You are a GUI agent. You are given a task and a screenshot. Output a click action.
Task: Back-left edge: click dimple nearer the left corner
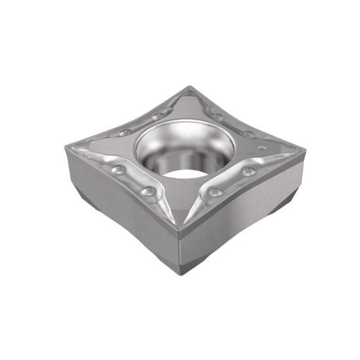pos(125,132)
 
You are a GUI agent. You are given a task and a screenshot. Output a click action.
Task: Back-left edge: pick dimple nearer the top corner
pos(157,117)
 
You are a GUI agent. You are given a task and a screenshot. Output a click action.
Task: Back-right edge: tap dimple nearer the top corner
pos(217,117)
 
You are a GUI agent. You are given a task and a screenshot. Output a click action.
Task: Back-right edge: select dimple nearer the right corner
pos(247,134)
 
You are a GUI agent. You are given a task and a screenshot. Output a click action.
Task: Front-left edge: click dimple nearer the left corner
pos(118,170)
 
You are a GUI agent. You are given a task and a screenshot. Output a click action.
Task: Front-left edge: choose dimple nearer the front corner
pos(150,190)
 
